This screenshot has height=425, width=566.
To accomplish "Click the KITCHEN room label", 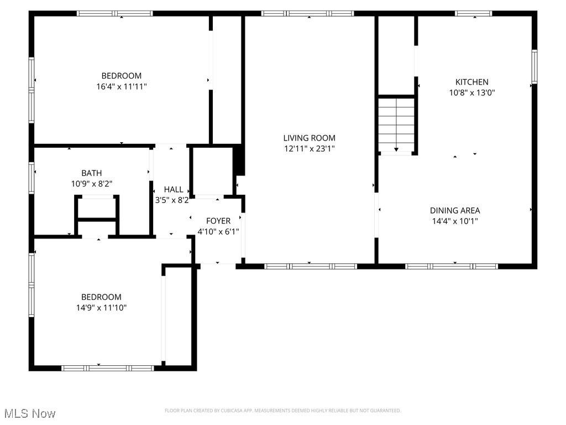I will click(x=471, y=82).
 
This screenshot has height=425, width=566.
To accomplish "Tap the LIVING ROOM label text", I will click(x=309, y=138).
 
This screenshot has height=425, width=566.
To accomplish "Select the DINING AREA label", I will click(x=455, y=210).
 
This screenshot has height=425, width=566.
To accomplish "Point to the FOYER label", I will click(x=218, y=221).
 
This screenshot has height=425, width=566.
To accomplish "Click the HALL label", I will click(x=173, y=189).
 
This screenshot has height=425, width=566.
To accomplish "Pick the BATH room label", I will click(x=91, y=173).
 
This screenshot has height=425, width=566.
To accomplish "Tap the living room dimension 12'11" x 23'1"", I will click(x=309, y=148).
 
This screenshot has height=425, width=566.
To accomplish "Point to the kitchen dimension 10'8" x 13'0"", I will click(x=471, y=93).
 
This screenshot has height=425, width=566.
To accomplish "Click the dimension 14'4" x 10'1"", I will click(x=455, y=221).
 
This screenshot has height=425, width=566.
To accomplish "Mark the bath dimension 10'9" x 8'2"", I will click(x=91, y=183).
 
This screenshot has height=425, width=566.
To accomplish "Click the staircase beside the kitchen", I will click(x=396, y=125).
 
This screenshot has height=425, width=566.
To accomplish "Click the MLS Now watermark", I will click(x=29, y=413).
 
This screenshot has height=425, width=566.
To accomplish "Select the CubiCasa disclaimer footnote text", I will click(x=282, y=411).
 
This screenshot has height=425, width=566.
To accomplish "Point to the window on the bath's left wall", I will click(x=32, y=178).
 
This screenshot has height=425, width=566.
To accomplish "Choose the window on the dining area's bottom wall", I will click(x=452, y=266).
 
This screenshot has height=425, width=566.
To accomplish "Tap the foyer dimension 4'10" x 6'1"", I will click(x=218, y=232).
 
